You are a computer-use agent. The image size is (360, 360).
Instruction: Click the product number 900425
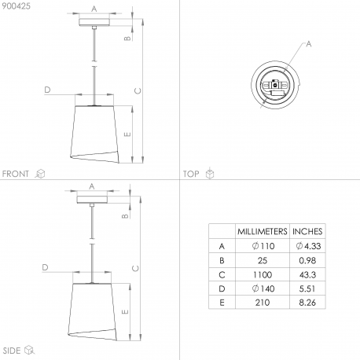click(x=17, y=6)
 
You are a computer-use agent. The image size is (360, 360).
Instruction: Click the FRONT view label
click(x=16, y=174)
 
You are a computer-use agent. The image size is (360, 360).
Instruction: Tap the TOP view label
click(x=191, y=174)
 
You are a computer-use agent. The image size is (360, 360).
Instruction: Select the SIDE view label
click(x=12, y=351)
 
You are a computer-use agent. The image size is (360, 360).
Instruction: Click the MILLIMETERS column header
click(x=263, y=231)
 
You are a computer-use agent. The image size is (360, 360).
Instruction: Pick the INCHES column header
click(x=307, y=231)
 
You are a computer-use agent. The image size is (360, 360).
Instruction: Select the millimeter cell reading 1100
click(x=263, y=274)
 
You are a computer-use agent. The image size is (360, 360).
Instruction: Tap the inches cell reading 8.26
click(x=307, y=303)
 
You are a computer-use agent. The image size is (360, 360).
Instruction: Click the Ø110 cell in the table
click(x=263, y=246)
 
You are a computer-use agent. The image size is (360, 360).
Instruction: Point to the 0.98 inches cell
click(x=307, y=260)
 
